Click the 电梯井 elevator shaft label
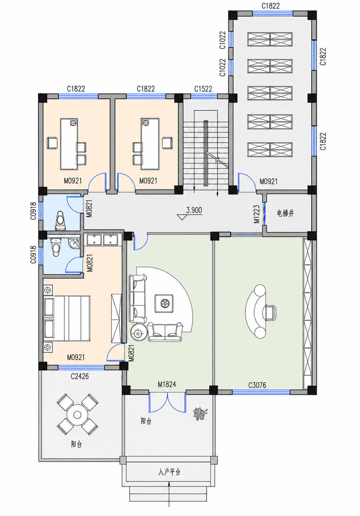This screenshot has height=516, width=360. point(285,213)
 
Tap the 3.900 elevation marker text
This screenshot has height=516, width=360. point(194,210)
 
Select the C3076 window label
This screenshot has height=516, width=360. point(257,385)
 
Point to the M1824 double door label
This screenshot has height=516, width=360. point(167,384)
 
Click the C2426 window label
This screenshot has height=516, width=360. point(80,376)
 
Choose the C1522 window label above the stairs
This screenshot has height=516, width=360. point(203,89)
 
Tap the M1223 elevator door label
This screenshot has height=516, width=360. point(257,214)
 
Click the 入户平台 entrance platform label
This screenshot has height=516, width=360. point(169,472)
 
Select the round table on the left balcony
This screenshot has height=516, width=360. point(77,415)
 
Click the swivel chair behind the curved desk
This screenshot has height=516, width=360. point(269,313)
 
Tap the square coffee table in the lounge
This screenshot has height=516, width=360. point(164,304)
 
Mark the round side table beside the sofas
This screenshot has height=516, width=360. point(138,334)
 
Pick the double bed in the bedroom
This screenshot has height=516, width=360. point(67,318)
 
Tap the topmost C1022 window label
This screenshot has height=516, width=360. point(222,40)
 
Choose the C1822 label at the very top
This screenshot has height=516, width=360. point(271,6)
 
